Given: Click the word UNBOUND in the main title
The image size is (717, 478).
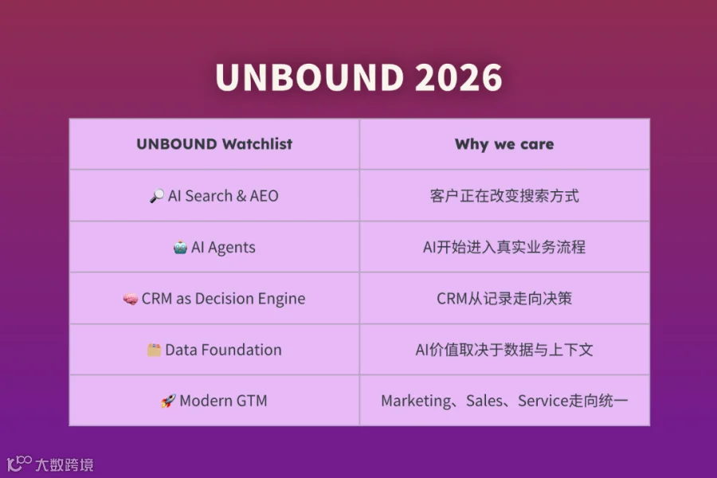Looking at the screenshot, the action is (310, 77).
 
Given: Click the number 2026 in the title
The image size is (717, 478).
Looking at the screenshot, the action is (459, 77).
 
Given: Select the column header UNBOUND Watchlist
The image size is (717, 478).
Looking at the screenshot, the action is (214, 144).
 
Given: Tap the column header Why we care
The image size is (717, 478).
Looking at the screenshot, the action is (504, 144).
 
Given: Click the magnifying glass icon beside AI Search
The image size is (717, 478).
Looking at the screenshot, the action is (157, 196).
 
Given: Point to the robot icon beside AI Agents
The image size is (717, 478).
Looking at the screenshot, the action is (180, 248).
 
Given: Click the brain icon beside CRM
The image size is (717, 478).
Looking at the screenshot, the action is (131, 300).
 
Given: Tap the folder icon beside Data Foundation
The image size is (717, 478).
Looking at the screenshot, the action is (154, 350).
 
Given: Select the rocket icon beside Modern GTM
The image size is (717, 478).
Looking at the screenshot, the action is (168, 402).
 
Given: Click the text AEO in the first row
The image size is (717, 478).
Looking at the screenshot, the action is (264, 196).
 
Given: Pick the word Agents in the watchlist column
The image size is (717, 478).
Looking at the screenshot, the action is (231, 248).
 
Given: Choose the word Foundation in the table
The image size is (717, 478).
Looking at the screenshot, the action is (241, 350).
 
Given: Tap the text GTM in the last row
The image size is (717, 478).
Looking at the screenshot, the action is (252, 402).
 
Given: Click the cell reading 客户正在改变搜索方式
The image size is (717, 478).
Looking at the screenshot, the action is (504, 196).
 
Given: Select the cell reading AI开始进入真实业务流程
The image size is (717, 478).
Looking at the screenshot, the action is (504, 248).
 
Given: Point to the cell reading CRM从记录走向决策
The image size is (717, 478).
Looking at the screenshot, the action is (504, 299).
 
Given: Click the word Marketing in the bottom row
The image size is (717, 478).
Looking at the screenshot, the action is (416, 402).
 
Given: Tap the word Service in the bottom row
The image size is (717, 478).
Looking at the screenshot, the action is (543, 402).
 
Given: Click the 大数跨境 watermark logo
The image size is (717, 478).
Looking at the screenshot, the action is (50, 464).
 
